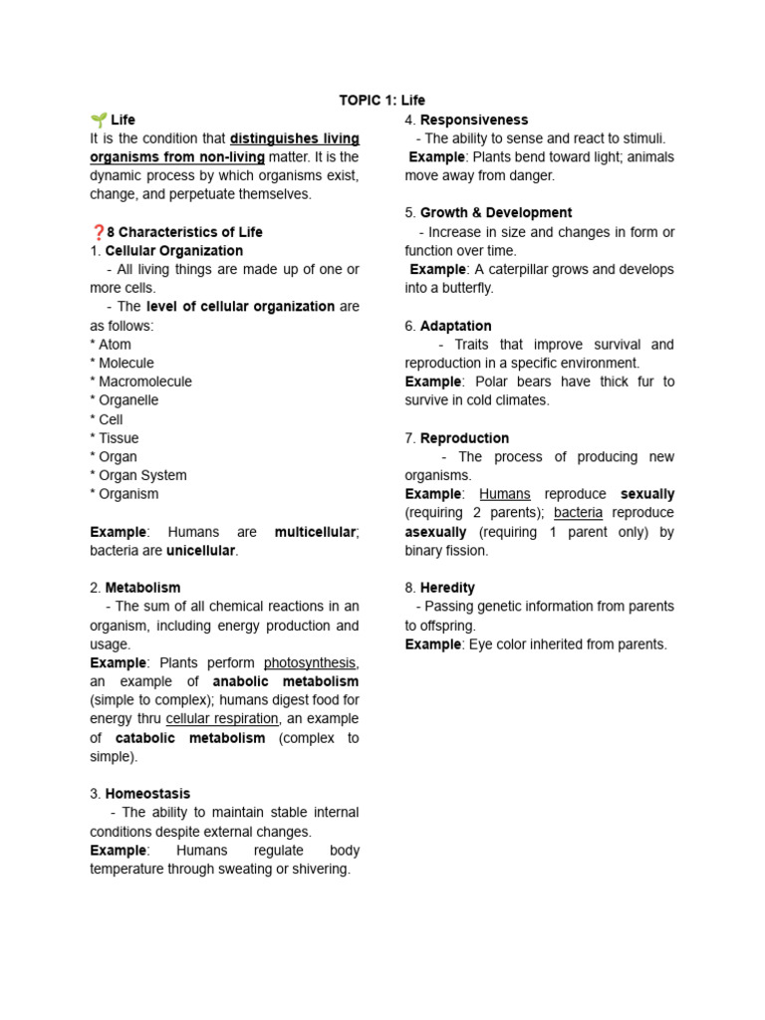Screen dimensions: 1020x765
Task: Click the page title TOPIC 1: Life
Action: (x=382, y=101)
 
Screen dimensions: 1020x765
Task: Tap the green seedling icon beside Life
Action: (x=99, y=120)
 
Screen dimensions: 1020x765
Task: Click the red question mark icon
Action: (x=97, y=232)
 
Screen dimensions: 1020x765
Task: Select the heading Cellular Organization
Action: (x=173, y=251)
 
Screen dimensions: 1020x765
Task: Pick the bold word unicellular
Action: (x=201, y=551)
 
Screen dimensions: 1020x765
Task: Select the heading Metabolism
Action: (x=142, y=588)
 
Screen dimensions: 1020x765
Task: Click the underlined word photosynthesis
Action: (x=310, y=663)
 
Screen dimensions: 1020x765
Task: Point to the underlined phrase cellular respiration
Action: (x=223, y=719)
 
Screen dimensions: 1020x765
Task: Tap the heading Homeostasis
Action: (x=147, y=794)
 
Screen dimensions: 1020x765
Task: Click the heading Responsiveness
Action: (x=474, y=120)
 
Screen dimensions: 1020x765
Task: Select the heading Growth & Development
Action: (x=495, y=213)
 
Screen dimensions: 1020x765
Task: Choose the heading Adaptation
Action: (x=455, y=326)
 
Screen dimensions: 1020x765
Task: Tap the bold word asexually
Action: (x=436, y=532)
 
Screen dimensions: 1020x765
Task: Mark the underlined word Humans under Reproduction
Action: (x=504, y=494)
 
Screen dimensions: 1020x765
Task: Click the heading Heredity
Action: (x=447, y=588)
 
